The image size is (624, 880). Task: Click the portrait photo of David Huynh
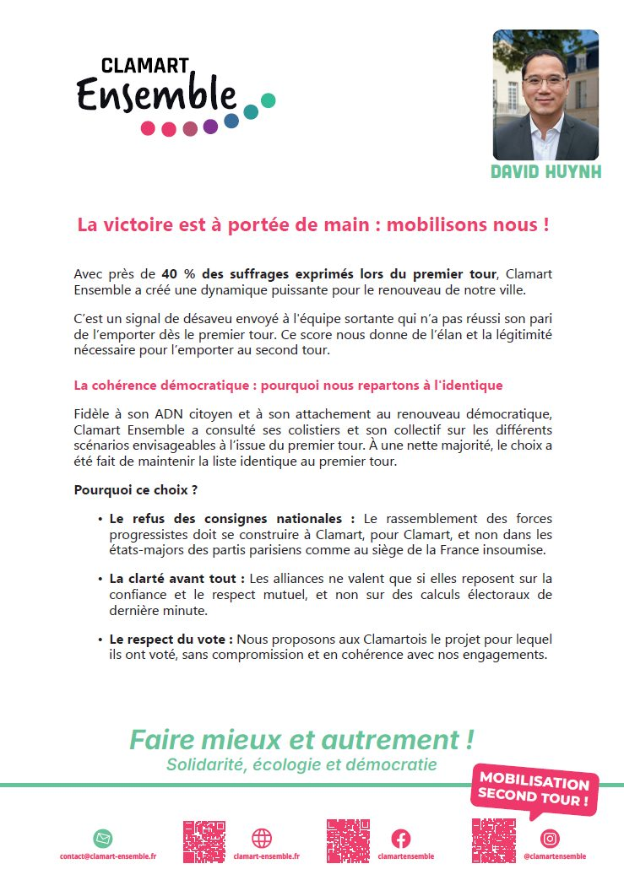(545, 94)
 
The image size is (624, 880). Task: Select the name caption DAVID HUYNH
(545, 173)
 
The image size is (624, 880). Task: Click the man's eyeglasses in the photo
(544, 81)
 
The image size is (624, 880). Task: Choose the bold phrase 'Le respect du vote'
(171, 640)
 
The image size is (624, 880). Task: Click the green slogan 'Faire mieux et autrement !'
(301, 740)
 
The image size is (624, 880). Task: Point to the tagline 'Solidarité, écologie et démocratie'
(301, 765)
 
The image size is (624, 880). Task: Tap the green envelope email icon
(103, 839)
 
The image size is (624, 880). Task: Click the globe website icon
(262, 839)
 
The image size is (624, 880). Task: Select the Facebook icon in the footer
(400, 839)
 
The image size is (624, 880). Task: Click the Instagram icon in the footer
(551, 839)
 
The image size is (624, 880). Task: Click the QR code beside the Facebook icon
(348, 840)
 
